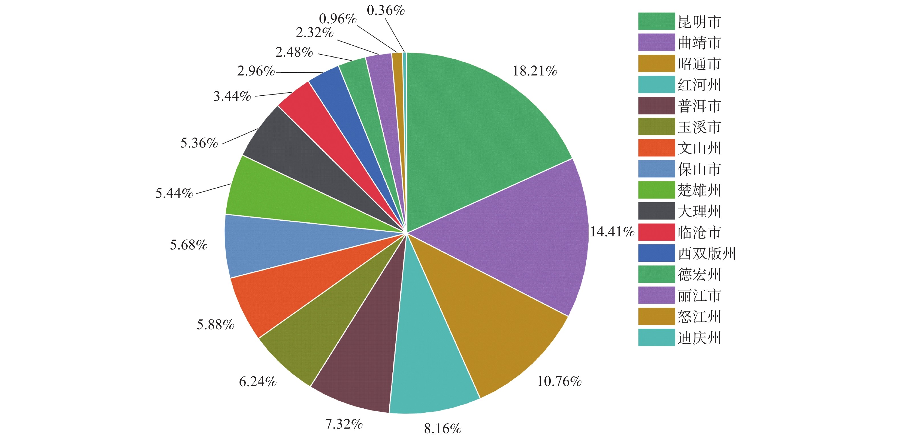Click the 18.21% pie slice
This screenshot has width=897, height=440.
[481, 132]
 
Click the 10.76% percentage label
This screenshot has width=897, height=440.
[559, 381]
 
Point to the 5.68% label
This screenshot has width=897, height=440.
[189, 245]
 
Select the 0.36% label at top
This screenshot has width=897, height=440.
[386, 11]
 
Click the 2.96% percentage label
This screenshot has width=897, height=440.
[256, 71]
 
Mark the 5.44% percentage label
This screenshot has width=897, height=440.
[174, 193]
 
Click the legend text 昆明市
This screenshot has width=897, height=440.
[699, 22]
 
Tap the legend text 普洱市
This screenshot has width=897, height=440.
[699, 106]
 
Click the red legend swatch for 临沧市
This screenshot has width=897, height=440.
[656, 232]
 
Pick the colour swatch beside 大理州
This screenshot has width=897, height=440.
[656, 211]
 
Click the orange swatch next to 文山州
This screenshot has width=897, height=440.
[656, 148]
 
